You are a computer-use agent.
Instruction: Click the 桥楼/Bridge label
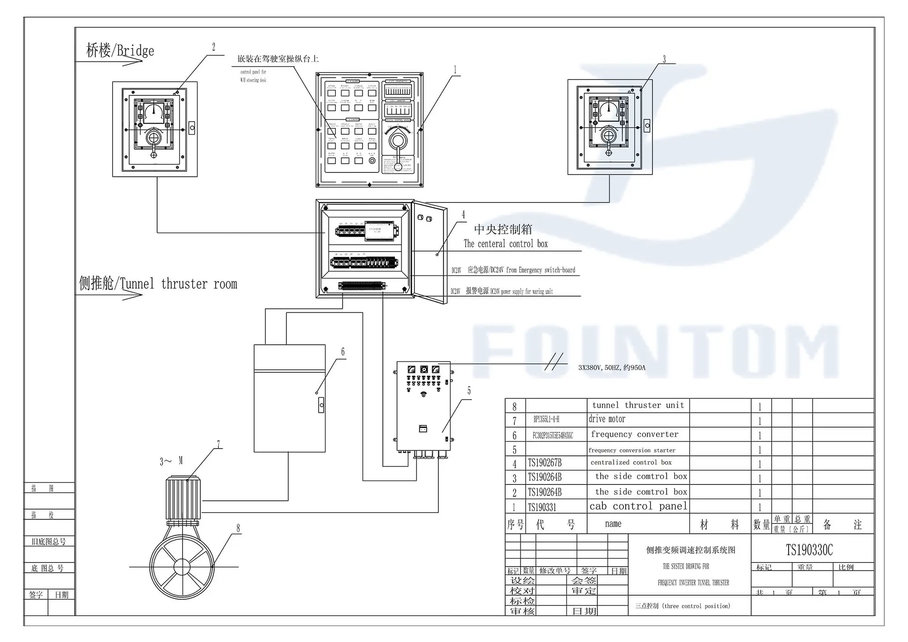[x=120, y=50]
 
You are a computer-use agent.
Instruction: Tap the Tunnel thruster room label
[x=158, y=284]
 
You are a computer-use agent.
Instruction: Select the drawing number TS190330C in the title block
[x=809, y=550]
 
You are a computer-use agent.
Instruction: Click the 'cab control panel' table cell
[x=638, y=506]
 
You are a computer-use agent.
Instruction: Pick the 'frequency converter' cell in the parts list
[x=634, y=435]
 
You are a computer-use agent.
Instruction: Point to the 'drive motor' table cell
[x=607, y=419]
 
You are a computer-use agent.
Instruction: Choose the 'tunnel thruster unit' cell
[x=637, y=405]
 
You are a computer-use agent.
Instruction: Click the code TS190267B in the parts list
[x=544, y=463]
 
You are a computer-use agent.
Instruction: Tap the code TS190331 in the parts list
[x=542, y=507]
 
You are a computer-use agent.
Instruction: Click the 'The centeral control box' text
[x=505, y=244]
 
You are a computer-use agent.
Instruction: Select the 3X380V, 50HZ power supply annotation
[x=611, y=367]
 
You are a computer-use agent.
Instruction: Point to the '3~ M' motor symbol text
[x=171, y=461]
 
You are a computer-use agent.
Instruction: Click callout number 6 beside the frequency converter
[x=343, y=352]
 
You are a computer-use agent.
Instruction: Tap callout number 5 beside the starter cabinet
[x=469, y=391]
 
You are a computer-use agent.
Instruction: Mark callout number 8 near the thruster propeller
[x=238, y=528]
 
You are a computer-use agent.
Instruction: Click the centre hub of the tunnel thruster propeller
[x=182, y=567]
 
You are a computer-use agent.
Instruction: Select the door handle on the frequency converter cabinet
[x=321, y=405]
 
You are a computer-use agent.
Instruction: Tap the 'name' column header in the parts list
[x=613, y=524]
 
